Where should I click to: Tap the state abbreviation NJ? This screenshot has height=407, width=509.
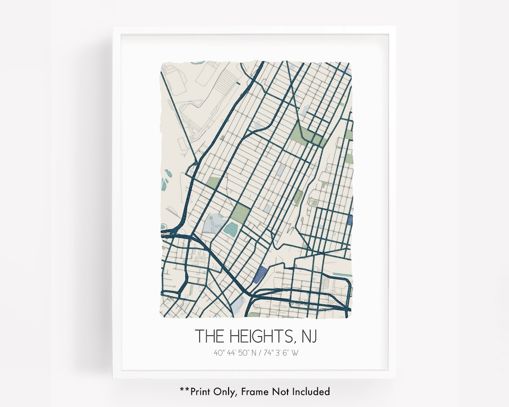(308, 336)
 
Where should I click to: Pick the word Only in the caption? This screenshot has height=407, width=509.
(228, 391)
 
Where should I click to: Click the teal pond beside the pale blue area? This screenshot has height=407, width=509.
(231, 229)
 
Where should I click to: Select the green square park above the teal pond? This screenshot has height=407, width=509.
(240, 213)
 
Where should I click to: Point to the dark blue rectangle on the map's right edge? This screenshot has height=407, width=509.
(349, 219)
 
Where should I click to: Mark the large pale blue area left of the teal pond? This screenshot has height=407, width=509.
(213, 223)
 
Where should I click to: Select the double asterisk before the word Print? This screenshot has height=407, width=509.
(184, 390)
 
